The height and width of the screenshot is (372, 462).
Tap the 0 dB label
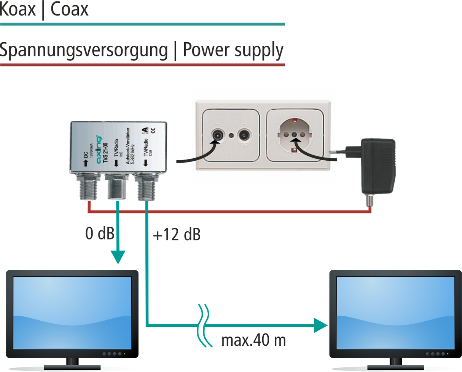coord(100,234)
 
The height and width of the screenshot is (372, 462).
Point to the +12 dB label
coord(176,235)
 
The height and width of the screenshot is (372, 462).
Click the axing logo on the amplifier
coord(99,150)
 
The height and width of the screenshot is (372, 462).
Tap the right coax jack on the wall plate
coord(244,135)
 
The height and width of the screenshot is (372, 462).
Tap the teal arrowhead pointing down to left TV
coord(118,257)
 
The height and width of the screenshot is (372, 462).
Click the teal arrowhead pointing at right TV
coord(321,326)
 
